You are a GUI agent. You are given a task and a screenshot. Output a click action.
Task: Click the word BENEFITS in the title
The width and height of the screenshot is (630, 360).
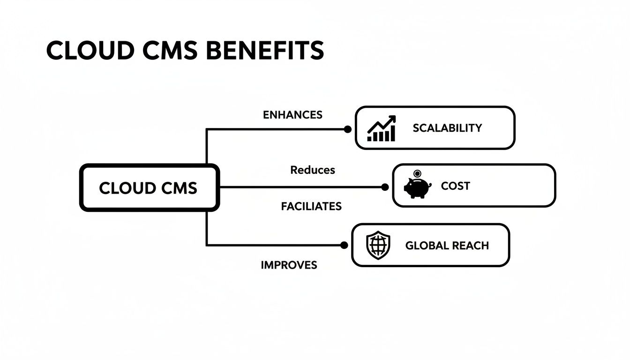(x=265, y=50)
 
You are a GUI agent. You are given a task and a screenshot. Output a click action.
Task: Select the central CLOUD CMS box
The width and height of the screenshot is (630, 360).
(x=149, y=187)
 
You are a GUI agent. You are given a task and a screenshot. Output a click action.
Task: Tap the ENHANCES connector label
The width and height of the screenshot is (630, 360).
(x=292, y=115)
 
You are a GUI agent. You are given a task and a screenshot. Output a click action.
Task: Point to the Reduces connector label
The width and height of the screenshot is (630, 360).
(x=313, y=170)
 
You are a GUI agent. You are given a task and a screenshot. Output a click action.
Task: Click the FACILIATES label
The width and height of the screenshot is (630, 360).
(x=311, y=206)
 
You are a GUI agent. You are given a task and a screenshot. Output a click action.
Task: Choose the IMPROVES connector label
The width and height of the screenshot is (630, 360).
(x=289, y=265)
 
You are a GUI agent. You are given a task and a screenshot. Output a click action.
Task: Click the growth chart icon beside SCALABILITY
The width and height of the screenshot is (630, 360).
(x=382, y=128)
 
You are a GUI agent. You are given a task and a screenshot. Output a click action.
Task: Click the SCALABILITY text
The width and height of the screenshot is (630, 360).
(x=447, y=128)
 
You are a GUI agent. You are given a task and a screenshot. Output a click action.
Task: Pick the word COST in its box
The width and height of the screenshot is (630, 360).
(x=455, y=186)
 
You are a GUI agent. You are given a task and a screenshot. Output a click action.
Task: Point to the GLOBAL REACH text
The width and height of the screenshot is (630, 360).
(x=447, y=246)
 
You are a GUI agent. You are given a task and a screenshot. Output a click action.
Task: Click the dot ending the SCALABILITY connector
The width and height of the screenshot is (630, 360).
(x=347, y=129)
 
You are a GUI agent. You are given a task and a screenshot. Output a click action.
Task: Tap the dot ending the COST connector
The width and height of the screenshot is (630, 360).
(x=385, y=187)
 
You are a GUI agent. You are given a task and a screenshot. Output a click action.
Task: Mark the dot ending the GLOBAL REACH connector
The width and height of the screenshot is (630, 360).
(x=344, y=245)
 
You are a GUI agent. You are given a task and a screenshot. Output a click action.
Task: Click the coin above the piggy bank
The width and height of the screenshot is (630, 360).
(x=418, y=174)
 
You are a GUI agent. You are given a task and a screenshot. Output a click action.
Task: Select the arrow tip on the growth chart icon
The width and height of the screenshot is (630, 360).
(x=393, y=118)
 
